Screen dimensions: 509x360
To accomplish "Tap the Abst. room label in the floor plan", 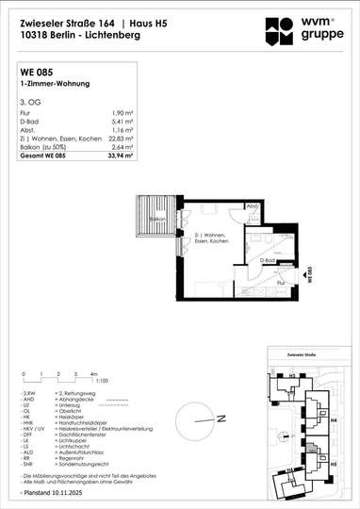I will [252, 205].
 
